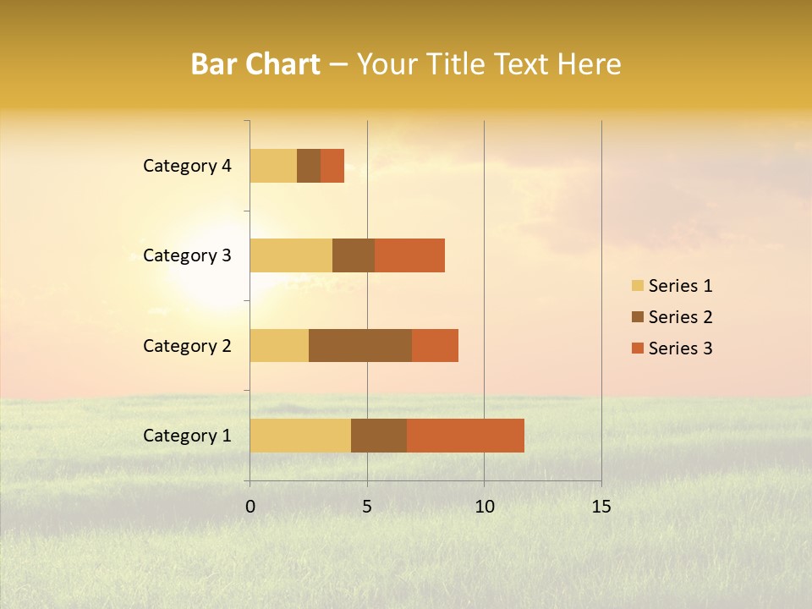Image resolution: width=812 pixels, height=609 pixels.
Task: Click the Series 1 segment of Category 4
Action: (273, 166)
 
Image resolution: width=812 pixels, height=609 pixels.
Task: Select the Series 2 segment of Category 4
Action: (309, 166)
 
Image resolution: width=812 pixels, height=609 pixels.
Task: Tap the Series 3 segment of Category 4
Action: (332, 166)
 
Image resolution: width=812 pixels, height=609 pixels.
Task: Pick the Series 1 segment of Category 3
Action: (291, 255)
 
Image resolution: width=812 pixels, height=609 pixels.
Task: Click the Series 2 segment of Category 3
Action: (354, 255)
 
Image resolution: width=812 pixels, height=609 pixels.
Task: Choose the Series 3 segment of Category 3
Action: (409, 255)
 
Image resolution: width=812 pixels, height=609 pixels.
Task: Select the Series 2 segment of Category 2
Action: (360, 345)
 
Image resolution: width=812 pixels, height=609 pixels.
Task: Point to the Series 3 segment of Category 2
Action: (435, 345)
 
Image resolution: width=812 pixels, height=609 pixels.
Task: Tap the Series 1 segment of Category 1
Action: (300, 436)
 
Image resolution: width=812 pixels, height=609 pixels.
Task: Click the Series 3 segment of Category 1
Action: (465, 436)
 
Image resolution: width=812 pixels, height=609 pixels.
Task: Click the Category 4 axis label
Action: (187, 166)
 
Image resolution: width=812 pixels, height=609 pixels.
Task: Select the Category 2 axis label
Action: (187, 346)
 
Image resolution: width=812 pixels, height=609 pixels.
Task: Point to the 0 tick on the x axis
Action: (250, 507)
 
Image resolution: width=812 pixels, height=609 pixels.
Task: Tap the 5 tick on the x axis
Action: (367, 507)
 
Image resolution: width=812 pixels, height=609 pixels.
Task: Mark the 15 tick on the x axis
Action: (601, 507)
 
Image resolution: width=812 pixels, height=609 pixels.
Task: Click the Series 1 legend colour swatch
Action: (637, 286)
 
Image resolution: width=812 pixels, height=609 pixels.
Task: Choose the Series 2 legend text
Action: (680, 317)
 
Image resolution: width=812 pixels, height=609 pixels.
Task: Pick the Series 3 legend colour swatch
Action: (637, 348)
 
